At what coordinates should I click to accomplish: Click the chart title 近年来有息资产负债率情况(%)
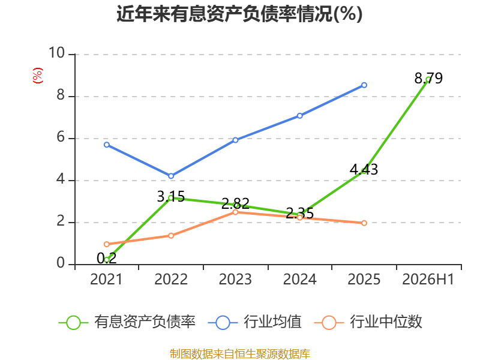pos(239,14)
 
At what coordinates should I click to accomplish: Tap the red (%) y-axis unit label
pos(38,76)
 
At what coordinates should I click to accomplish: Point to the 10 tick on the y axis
pos(57,53)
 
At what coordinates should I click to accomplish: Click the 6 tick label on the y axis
pos(61,137)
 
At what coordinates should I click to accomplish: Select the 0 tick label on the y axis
pos(61,263)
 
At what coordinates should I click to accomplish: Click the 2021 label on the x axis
pos(106,279)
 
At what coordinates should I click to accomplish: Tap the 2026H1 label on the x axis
pos(428,279)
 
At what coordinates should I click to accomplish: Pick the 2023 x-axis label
pos(235,279)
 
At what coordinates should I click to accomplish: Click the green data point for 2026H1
pos(428,80)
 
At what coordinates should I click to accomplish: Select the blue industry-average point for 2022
pos(171,176)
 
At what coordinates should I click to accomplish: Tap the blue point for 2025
pos(364,85)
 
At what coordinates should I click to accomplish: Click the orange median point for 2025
pos(364,223)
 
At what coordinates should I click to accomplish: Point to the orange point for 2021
pos(107,244)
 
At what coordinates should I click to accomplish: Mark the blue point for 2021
pos(107,145)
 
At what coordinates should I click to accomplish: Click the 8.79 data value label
pos(428,78)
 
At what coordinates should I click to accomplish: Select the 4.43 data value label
pos(364,169)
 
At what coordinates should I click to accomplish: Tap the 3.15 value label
pos(171,197)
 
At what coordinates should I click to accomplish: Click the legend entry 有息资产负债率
pos(127,322)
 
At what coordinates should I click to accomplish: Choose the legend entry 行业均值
pos(254,322)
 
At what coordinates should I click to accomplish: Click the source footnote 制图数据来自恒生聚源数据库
pos(239,353)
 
